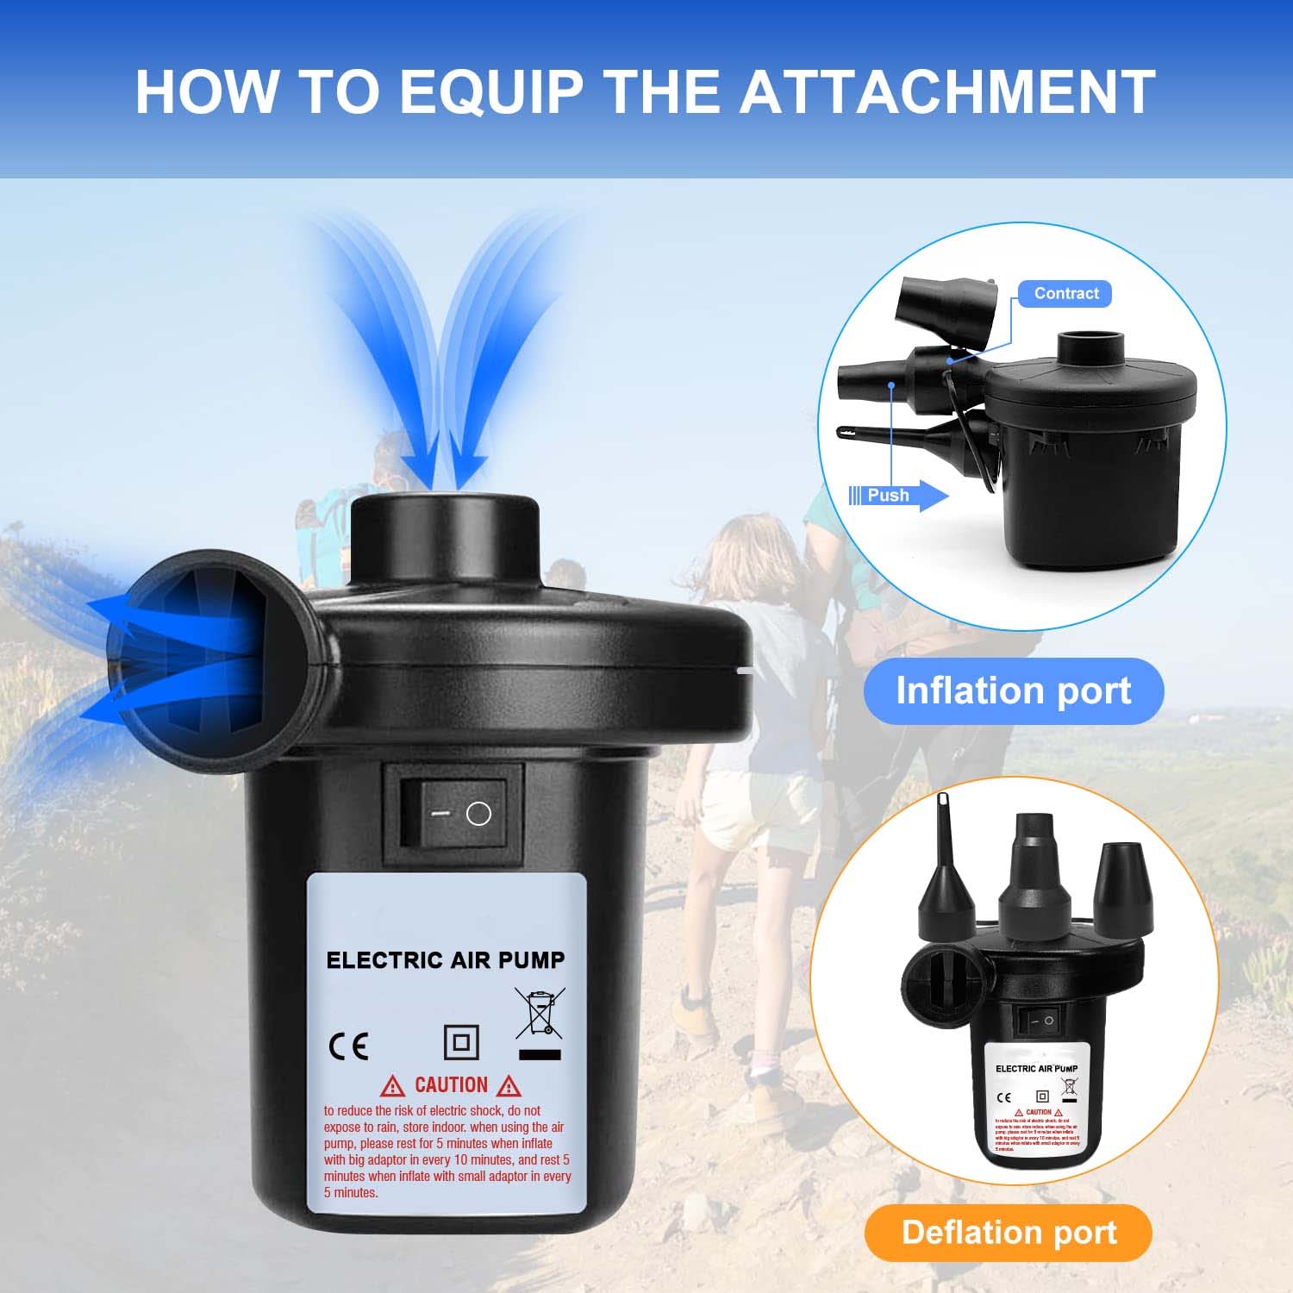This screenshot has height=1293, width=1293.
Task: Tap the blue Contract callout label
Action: [1065, 294]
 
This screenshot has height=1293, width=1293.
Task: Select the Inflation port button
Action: [1013, 691]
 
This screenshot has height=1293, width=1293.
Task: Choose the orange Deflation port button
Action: [1008, 1233]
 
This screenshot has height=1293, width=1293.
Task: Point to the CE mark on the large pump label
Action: [348, 1046]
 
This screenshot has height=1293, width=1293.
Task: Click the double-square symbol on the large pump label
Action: [461, 1042]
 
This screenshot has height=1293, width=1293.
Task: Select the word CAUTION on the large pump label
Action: [451, 1085]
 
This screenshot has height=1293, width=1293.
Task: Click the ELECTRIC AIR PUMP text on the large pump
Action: [445, 960]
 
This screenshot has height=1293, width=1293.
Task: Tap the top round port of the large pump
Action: [445, 517]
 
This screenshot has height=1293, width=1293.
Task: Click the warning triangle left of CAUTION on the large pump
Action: [392, 1086]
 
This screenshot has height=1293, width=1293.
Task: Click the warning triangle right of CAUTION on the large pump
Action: [509, 1086]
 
